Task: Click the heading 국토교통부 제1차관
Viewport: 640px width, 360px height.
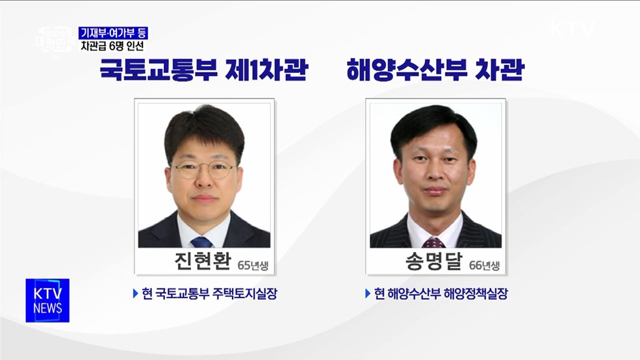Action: pos(203,70)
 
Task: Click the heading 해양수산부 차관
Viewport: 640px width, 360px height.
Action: pos(435,70)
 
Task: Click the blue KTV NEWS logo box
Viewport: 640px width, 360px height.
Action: pos(47,300)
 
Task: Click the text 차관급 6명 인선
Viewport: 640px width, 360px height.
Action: pos(112,46)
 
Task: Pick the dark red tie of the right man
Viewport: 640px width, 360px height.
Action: pos(433,242)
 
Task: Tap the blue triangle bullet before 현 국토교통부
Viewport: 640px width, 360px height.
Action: pos(135,294)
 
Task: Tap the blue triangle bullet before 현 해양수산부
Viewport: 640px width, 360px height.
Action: pos(367,294)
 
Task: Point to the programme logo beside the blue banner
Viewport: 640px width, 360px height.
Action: pos(55,40)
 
